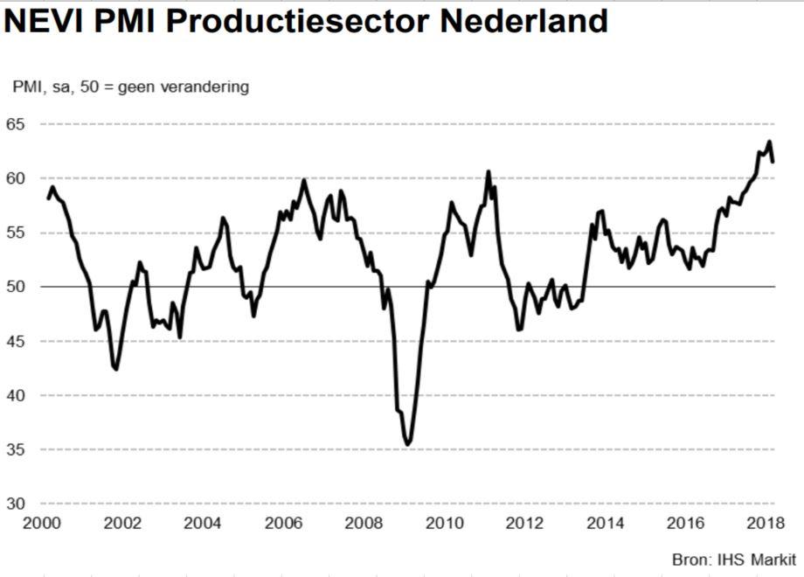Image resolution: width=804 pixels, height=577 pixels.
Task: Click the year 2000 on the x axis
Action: click(41, 524)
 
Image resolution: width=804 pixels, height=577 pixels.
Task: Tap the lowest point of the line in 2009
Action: click(407, 445)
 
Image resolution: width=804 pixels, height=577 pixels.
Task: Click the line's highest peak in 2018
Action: click(769, 142)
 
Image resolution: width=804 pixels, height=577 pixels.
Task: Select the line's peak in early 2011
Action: click(489, 171)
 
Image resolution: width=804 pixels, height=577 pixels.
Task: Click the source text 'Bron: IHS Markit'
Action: click(733, 559)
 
